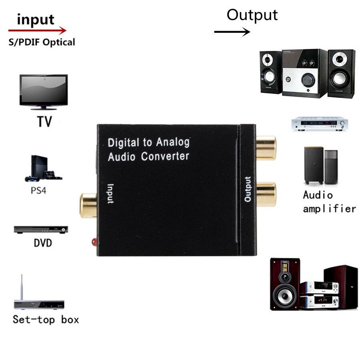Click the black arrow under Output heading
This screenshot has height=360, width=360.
(232, 31)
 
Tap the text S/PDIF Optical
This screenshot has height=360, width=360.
(42, 42)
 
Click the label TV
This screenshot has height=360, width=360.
(44, 121)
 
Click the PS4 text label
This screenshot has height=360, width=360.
(38, 190)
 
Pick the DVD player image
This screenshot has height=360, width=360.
(41, 230)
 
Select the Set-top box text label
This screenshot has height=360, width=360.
(46, 320)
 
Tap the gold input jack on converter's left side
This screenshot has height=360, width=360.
(88, 205)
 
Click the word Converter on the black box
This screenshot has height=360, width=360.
(165, 156)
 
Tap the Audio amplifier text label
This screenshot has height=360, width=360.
(329, 202)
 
